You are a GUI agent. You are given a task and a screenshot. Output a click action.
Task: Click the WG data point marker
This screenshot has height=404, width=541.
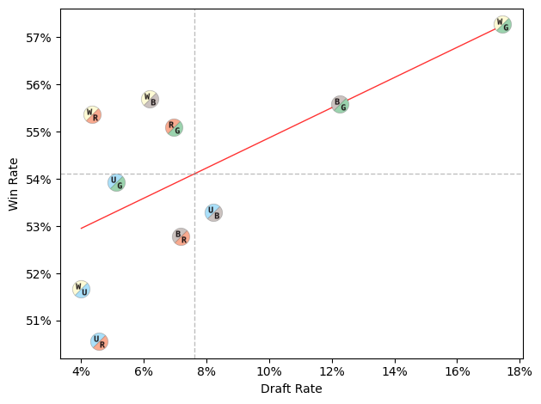click(x=502, y=25)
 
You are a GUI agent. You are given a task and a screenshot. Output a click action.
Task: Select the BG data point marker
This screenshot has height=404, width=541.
click(x=340, y=105)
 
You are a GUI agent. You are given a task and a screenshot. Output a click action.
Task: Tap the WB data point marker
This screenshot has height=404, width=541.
click(x=150, y=100)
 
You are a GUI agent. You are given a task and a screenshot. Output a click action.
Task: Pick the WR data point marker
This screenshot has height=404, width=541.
click(x=92, y=114)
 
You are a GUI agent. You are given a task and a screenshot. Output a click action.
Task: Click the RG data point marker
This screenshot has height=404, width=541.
click(x=174, y=128)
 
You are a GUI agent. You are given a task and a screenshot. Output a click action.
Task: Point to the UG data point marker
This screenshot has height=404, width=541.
click(x=116, y=182)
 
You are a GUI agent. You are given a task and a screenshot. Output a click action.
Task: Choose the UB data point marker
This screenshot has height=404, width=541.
click(x=213, y=213)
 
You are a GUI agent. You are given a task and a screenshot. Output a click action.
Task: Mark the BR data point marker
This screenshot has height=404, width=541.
click(x=181, y=237)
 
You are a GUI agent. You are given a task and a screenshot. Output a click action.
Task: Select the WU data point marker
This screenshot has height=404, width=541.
click(x=81, y=289)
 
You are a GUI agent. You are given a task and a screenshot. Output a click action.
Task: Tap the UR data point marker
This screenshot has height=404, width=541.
click(x=99, y=341)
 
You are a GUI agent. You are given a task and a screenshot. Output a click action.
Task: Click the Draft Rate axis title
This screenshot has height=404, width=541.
click(x=291, y=389)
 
